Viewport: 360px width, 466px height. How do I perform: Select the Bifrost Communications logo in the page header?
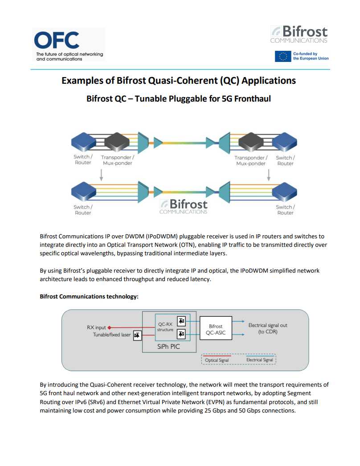[299, 35]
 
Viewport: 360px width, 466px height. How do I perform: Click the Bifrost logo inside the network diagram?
[184, 206]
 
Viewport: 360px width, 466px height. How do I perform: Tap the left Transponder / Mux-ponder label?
[117, 160]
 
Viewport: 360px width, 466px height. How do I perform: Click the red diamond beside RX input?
[110, 327]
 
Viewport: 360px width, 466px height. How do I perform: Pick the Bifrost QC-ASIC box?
[215, 329]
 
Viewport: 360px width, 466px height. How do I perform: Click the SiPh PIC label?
[168, 346]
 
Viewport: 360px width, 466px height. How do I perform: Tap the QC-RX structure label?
[165, 327]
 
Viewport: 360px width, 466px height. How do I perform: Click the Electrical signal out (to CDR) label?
[267, 328]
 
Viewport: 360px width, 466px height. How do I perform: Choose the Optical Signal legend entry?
[217, 360]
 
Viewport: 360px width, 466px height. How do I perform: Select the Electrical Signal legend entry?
[260, 360]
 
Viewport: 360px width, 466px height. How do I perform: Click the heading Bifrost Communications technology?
[89, 296]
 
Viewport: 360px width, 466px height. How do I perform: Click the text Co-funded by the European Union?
[311, 56]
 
